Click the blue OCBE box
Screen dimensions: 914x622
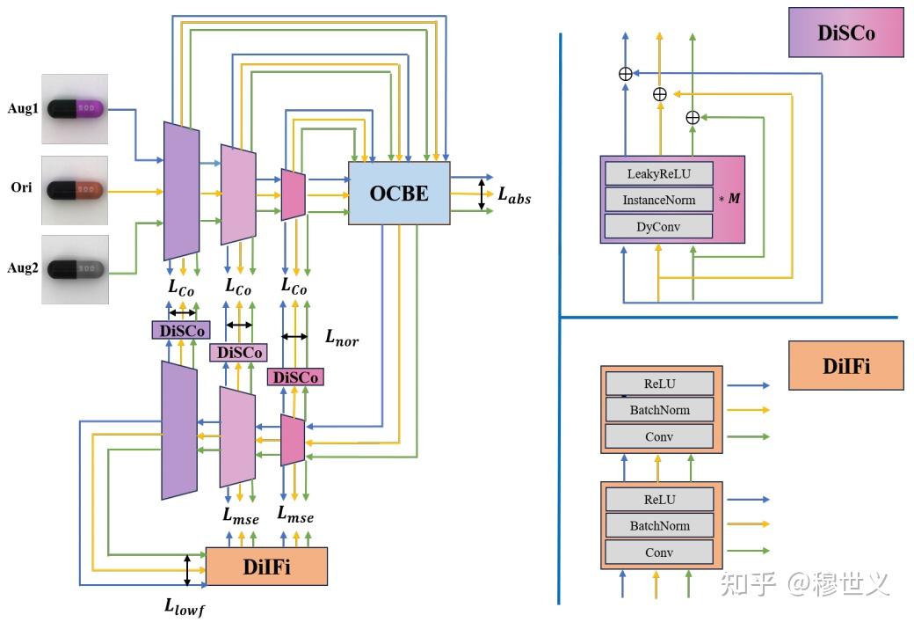click(399, 194)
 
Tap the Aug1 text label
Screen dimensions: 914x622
click(23, 108)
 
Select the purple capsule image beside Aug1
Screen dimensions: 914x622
click(75, 108)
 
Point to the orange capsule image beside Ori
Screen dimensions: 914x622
click(75, 190)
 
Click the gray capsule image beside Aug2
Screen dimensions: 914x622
click(75, 269)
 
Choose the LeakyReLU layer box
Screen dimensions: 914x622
click(658, 173)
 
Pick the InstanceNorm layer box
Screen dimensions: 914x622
click(658, 200)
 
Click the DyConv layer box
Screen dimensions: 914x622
click(658, 226)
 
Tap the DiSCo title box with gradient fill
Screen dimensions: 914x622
click(845, 33)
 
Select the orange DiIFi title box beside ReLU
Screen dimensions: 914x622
click(845, 366)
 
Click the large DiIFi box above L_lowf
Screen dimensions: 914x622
click(266, 567)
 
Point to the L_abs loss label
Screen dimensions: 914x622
click(514, 195)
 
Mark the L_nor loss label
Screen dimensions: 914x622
click(342, 337)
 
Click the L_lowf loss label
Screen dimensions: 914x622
click(185, 607)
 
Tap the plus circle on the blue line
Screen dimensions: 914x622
click(626, 74)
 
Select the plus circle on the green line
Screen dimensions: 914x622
click(693, 117)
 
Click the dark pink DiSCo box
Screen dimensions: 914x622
click(295, 377)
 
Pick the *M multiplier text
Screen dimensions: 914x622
click(729, 198)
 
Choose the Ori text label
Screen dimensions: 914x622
click(22, 187)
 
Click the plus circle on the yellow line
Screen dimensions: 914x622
click(659, 94)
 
